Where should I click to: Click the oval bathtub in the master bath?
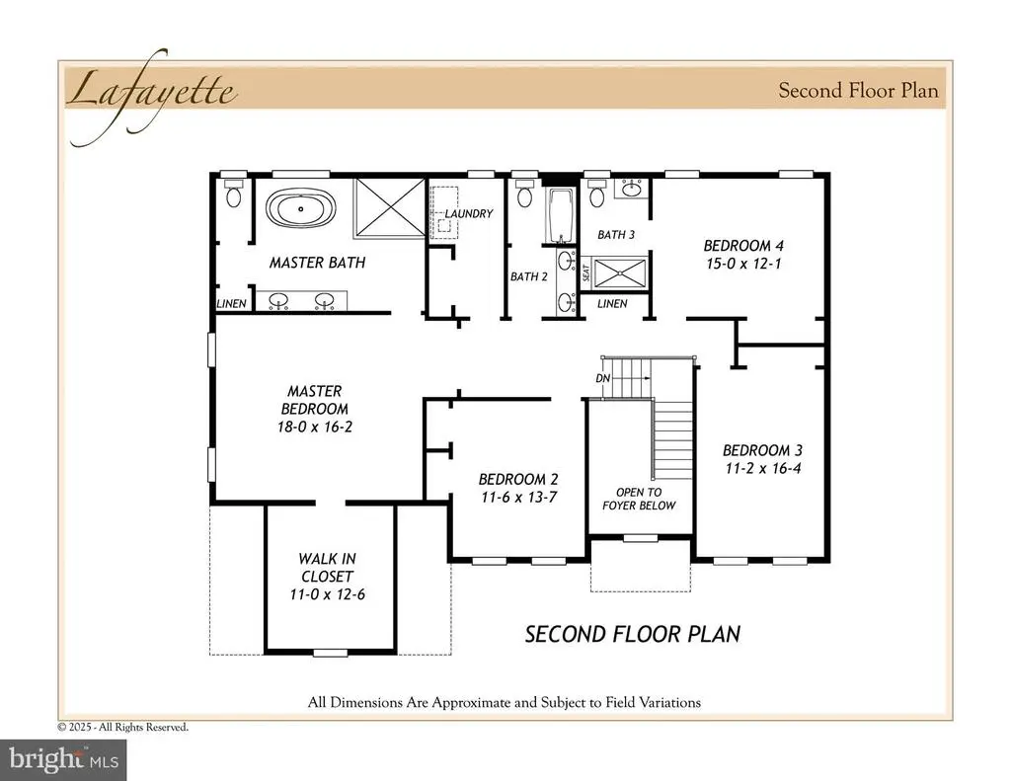(x=300, y=208)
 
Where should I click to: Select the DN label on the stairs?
(x=603, y=378)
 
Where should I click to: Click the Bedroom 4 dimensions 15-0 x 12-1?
(x=743, y=264)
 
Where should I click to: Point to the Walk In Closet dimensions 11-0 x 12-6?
(x=328, y=594)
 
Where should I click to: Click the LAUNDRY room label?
(x=469, y=213)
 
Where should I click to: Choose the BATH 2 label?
(x=529, y=276)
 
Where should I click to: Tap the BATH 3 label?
(x=616, y=235)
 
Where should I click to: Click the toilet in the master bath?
(x=233, y=193)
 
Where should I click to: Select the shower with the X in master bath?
(x=389, y=207)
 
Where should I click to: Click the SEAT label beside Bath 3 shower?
(x=586, y=273)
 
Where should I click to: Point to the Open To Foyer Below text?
(x=639, y=500)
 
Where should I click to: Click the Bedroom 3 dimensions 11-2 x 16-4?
(x=763, y=469)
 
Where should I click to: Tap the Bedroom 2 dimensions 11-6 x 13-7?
(x=519, y=498)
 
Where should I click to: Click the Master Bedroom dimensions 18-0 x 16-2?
(x=315, y=427)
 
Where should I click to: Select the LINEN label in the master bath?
(x=231, y=304)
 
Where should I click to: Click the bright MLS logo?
(x=63, y=759)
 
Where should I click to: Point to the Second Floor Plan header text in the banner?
(x=858, y=90)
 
